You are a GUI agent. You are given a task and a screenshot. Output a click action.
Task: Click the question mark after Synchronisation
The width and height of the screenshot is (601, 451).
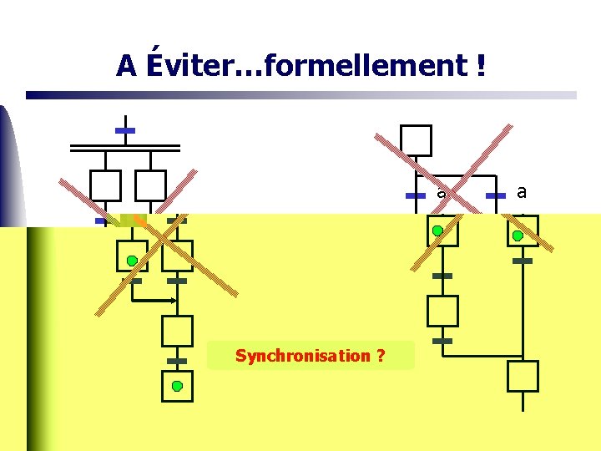381,356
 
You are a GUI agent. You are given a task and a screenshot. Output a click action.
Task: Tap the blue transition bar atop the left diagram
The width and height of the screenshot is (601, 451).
125,131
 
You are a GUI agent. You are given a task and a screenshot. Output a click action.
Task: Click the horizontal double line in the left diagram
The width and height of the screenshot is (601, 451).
125,148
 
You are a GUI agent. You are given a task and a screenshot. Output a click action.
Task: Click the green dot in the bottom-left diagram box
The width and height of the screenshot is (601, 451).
177,386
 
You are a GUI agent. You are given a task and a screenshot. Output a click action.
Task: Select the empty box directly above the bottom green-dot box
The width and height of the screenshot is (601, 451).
177,331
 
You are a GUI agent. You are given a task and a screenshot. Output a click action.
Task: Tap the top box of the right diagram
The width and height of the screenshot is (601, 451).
416,140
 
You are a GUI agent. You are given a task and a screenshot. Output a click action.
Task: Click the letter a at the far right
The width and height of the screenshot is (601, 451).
522,192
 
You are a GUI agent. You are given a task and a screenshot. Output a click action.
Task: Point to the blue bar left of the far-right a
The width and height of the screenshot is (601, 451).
496,195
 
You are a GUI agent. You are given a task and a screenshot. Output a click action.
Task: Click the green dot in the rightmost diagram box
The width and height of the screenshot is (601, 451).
518,236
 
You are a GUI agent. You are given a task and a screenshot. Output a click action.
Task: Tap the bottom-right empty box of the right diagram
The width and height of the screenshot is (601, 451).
523,376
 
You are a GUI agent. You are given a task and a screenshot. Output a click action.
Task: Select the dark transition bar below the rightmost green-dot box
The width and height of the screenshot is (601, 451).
523,261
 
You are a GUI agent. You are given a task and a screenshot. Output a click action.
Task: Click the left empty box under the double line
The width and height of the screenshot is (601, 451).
106,185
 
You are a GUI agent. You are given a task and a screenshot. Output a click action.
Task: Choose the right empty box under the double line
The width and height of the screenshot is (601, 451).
150,185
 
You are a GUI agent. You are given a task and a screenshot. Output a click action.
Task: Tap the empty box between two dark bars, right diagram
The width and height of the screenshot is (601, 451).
442,311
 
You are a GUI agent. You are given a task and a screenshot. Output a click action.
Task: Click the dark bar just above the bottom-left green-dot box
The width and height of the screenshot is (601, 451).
177,361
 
